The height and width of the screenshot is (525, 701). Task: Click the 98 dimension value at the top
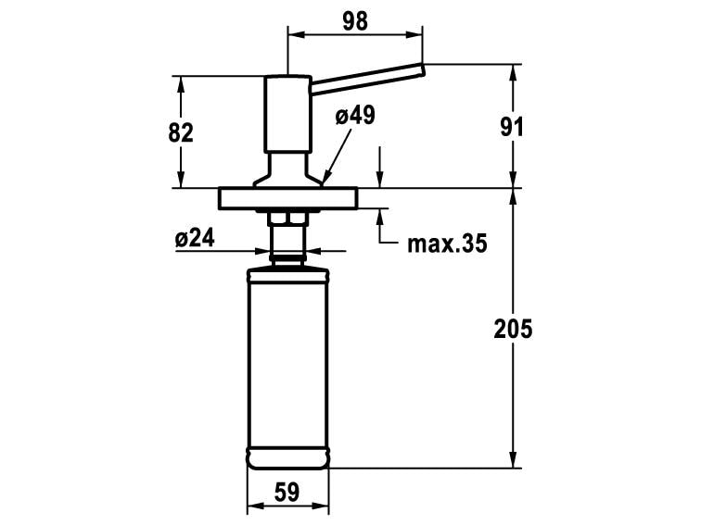[x=355, y=21]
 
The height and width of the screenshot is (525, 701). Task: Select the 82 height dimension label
[x=181, y=132]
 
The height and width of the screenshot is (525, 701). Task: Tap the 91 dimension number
[x=512, y=127]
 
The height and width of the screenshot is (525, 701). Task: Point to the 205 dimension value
[x=513, y=329]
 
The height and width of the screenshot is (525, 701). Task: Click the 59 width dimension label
[x=287, y=493]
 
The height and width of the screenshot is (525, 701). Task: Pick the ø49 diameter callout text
[x=355, y=116]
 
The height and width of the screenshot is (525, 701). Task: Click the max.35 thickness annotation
[x=447, y=244]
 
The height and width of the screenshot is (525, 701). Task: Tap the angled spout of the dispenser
[x=367, y=79]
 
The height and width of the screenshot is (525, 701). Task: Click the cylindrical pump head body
[x=287, y=114]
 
